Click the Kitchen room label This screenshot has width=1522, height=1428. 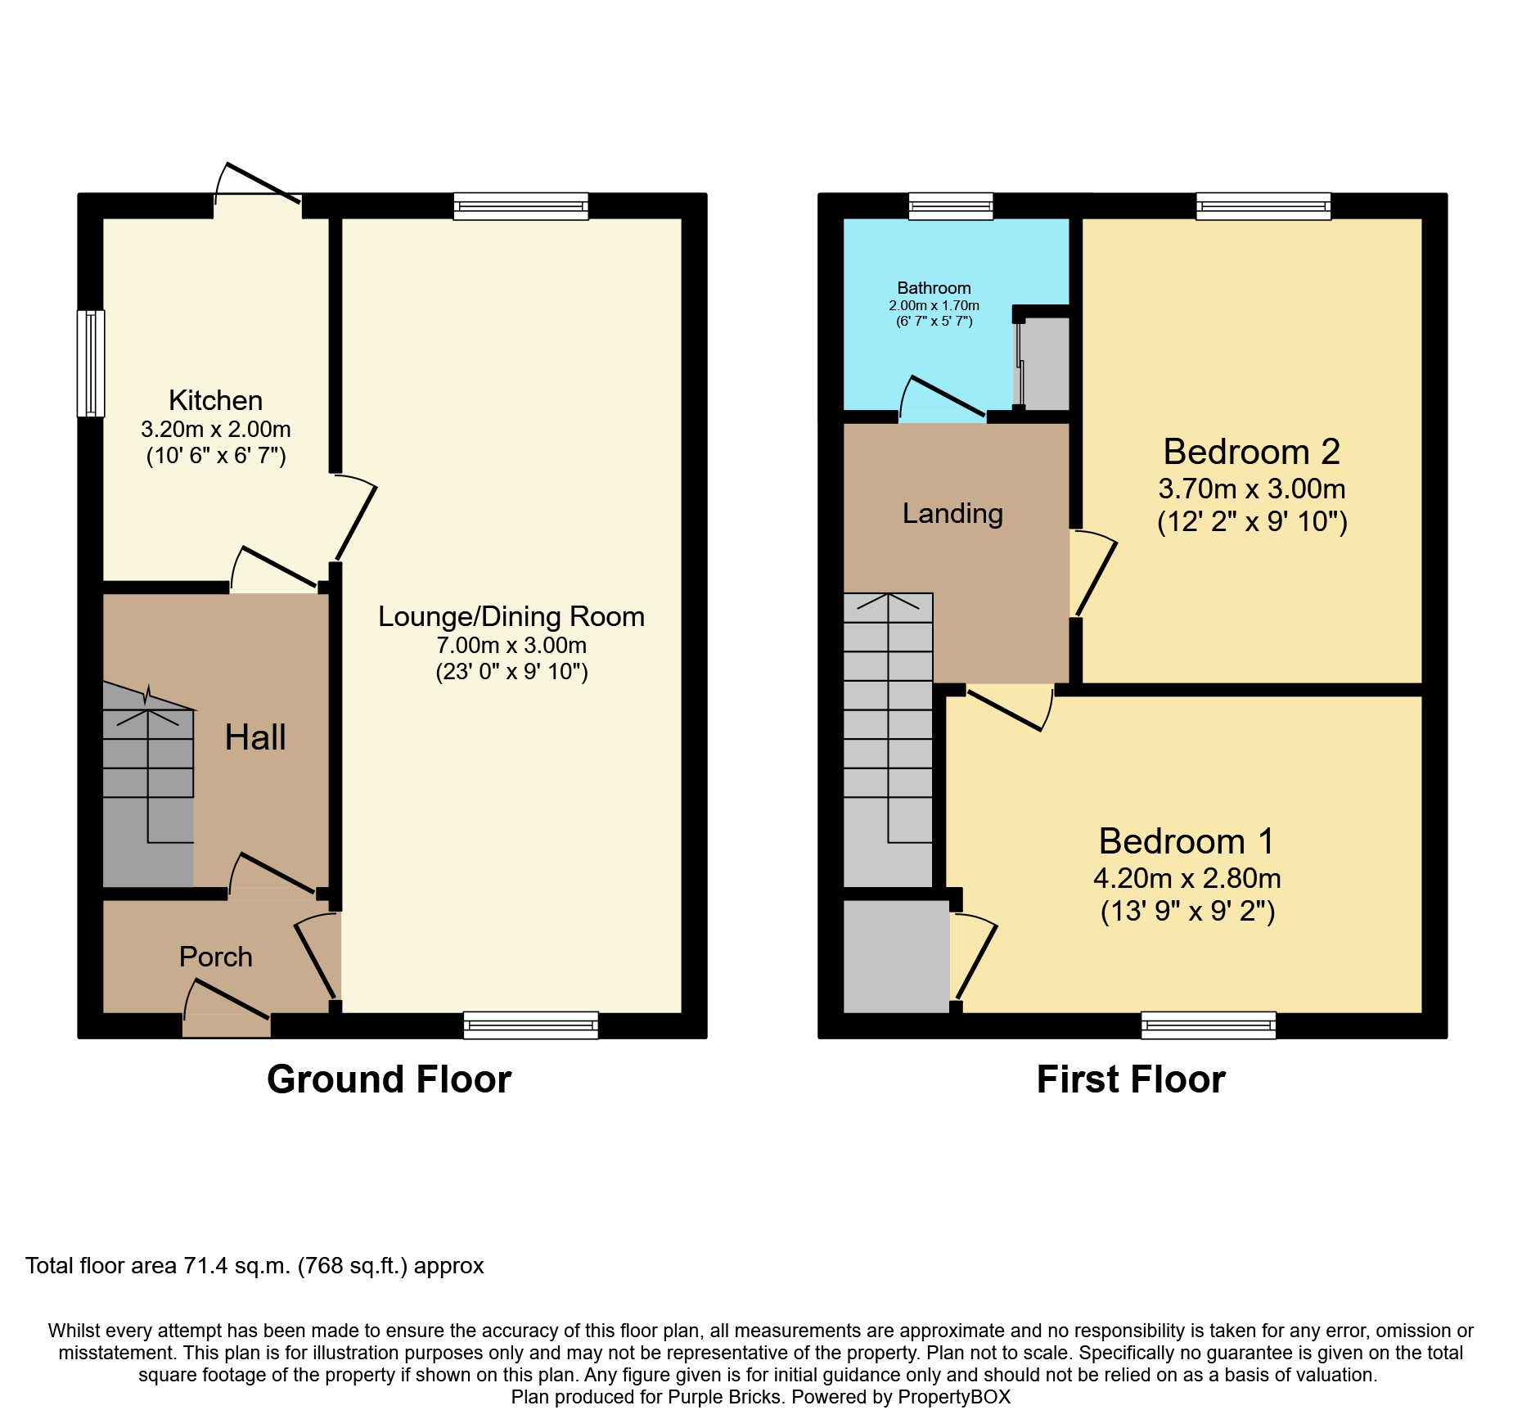[216, 400]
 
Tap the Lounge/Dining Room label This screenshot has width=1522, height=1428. [511, 616]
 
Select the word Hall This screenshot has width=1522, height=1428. [255, 737]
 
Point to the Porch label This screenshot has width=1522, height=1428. [216, 957]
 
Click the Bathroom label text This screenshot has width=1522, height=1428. [934, 288]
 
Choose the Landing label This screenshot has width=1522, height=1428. [952, 513]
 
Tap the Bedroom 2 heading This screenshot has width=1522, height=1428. [1252, 452]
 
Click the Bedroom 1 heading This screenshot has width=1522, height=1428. [1187, 841]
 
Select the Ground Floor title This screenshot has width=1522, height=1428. [390, 1079]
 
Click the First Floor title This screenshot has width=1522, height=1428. [1131, 1079]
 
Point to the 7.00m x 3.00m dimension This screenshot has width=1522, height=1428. [511, 645]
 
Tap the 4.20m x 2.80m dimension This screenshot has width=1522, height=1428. [1187, 878]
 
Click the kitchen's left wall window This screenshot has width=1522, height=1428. [92, 363]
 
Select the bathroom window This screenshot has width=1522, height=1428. [951, 206]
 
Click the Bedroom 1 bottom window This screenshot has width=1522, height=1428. [1209, 1025]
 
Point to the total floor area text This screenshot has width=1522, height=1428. [254, 1266]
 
